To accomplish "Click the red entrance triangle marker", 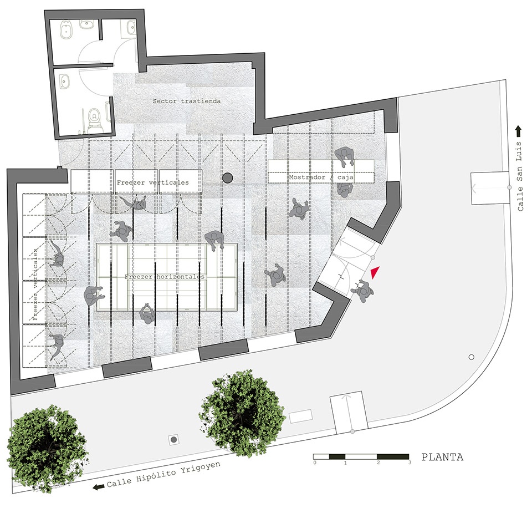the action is [x=375, y=273].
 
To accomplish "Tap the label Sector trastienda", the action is [x=187, y=101].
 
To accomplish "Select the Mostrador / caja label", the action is [x=321, y=177].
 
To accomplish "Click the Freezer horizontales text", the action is [x=165, y=277].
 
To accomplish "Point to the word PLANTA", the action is [x=442, y=457].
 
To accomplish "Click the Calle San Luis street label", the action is [x=520, y=176].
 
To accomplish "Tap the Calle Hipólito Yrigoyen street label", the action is [x=163, y=474].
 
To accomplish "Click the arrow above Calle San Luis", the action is [x=518, y=131].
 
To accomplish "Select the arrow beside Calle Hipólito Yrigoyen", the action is [x=99, y=487].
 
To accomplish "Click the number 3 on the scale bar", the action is [x=410, y=463].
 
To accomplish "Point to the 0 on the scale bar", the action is [x=315, y=463].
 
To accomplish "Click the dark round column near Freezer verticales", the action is [x=227, y=177].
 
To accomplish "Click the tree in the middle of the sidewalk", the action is [x=242, y=411].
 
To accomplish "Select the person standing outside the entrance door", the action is [x=364, y=291].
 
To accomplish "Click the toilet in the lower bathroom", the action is [x=94, y=120].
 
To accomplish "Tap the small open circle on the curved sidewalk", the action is [x=471, y=357].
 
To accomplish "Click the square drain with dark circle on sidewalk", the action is [x=174, y=440].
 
